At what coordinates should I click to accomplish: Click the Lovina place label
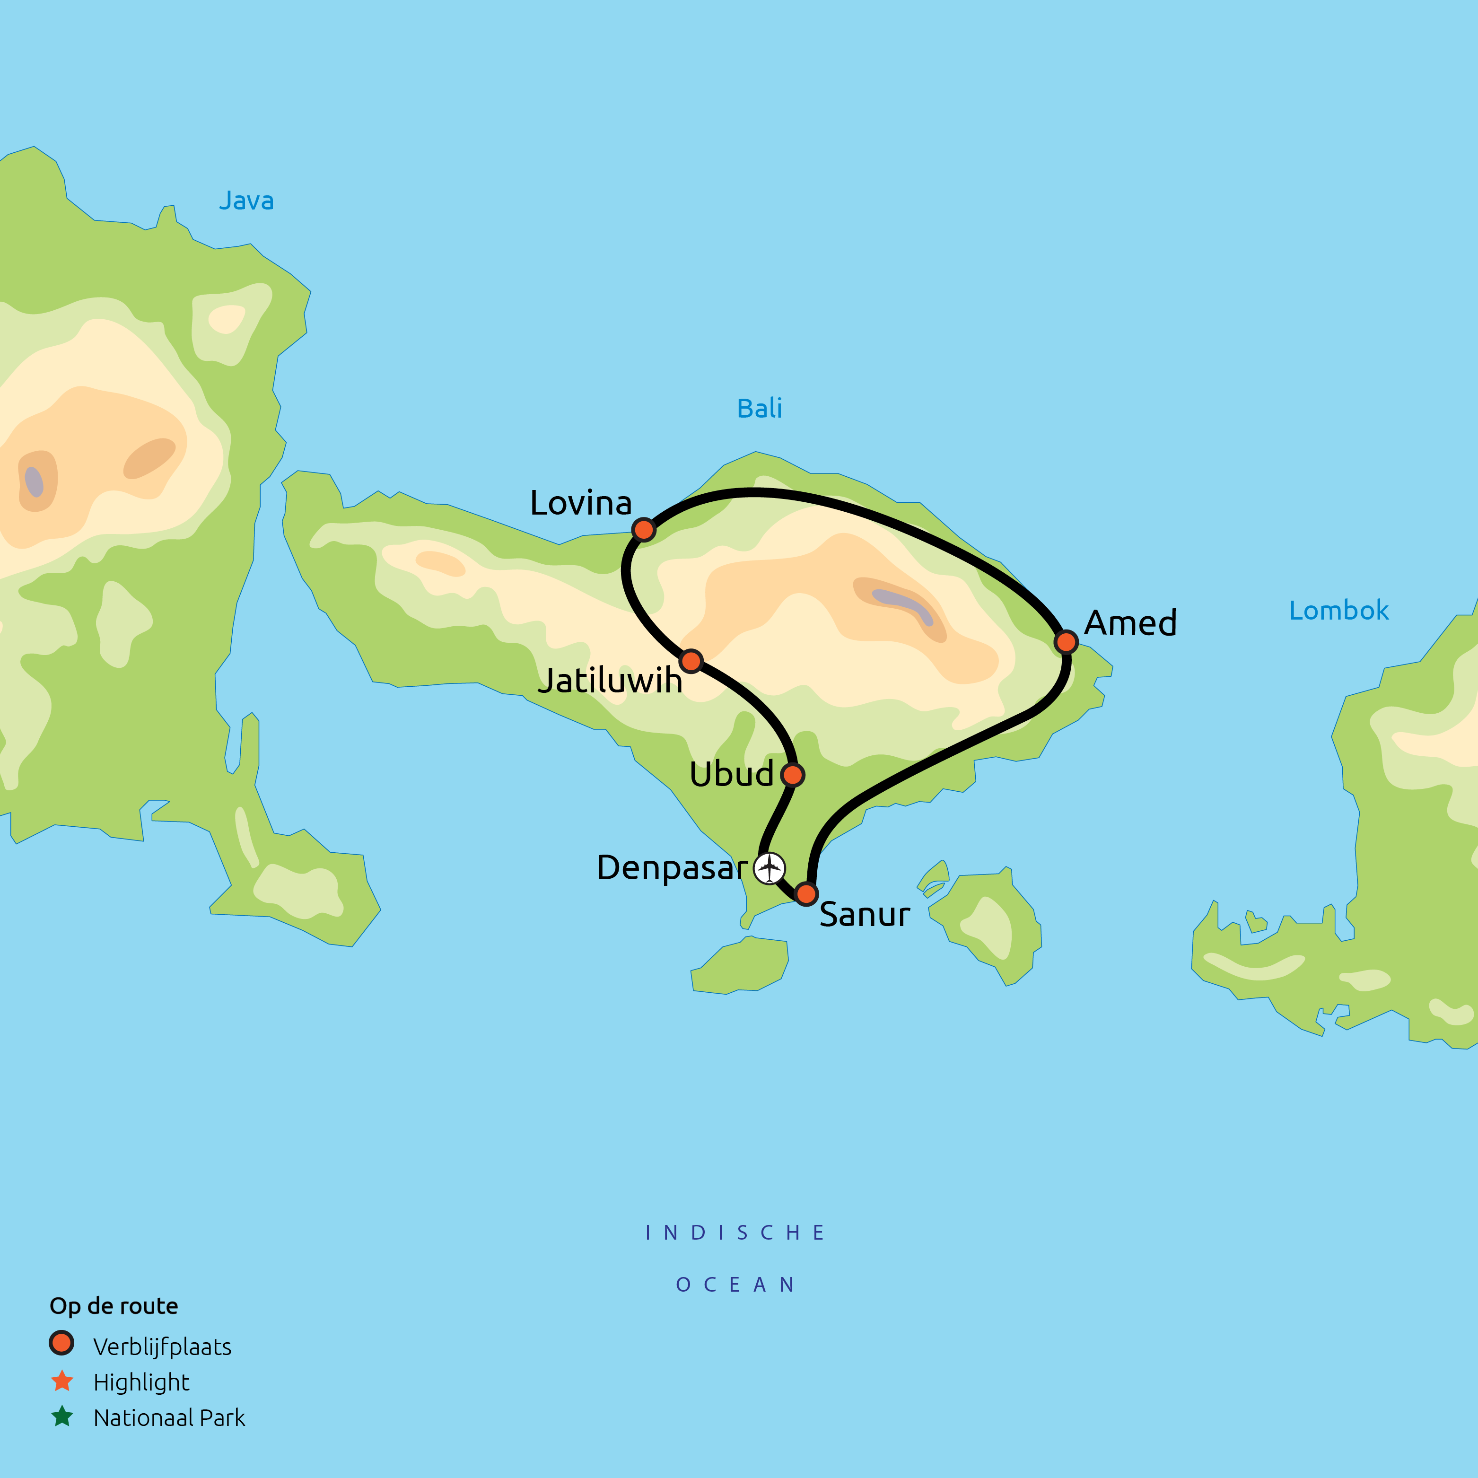click(581, 503)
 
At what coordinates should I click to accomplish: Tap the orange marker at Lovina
click(644, 529)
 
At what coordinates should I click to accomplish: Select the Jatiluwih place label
click(610, 680)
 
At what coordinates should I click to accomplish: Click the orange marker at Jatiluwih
click(691, 661)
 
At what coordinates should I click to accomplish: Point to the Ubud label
click(731, 774)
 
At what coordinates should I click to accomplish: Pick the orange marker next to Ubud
click(793, 775)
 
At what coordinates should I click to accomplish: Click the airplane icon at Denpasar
click(770, 868)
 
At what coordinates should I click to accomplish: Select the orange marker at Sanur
click(806, 893)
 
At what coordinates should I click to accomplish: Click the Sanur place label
click(865, 915)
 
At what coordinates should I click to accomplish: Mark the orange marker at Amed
click(1066, 642)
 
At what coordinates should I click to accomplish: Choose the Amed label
click(1130, 623)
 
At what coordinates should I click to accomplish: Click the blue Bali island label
click(759, 409)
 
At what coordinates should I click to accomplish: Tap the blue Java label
click(246, 201)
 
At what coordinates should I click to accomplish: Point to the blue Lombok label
click(1339, 611)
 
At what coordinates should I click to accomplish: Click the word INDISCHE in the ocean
click(735, 1233)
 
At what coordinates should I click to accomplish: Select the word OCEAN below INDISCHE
click(735, 1285)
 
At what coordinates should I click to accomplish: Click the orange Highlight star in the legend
click(62, 1381)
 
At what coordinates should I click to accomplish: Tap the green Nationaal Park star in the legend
click(62, 1417)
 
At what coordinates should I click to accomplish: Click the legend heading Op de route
click(114, 1306)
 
